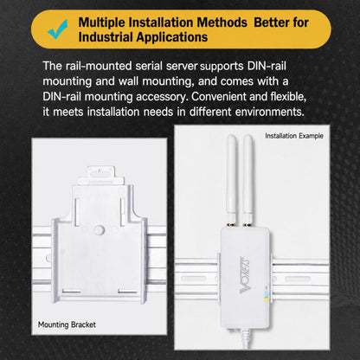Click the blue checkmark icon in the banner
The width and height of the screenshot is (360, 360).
tap(58, 29)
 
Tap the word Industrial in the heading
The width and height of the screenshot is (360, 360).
tap(106, 37)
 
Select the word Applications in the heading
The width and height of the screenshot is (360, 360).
tap(171, 37)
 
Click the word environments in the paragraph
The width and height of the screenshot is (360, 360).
tap(270, 112)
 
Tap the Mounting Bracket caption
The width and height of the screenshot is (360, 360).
tap(67, 325)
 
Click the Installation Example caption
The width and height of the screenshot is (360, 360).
tap(294, 136)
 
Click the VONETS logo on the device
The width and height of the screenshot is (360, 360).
tap(245, 275)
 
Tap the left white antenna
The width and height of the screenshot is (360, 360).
tap(231, 178)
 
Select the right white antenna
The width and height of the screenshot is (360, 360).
tap(247, 178)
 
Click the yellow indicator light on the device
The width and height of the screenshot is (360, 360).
tap(267, 299)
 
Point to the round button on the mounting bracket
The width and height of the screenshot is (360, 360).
tap(99, 230)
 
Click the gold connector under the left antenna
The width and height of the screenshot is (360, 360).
tap(231, 224)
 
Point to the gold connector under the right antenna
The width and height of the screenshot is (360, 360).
tap(247, 224)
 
